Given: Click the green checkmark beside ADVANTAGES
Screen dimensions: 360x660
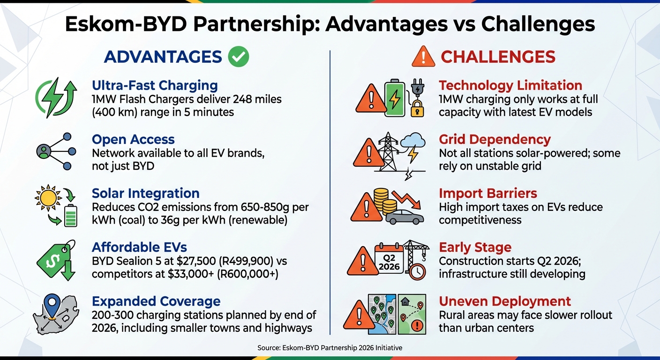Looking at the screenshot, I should pyautogui.click(x=238, y=57).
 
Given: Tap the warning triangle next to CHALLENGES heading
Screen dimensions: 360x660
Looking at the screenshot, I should pyautogui.click(x=423, y=57).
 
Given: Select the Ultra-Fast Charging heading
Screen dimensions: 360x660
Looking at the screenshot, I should pyautogui.click(x=155, y=85).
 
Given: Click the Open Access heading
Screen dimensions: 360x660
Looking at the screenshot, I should pyautogui.click(x=133, y=139).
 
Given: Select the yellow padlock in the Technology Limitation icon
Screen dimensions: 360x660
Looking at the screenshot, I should pyautogui.click(x=417, y=109).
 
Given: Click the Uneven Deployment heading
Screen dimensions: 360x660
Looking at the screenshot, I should pyautogui.click(x=504, y=301).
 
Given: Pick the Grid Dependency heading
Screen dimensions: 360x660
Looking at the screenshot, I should pyautogui.click(x=494, y=139).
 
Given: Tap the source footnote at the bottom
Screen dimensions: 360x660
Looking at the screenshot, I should pyautogui.click(x=330, y=348).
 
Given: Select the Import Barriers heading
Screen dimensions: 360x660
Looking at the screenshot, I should pyautogui.click(x=487, y=193).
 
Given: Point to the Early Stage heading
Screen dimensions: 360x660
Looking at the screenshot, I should pyautogui.click(x=475, y=247).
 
